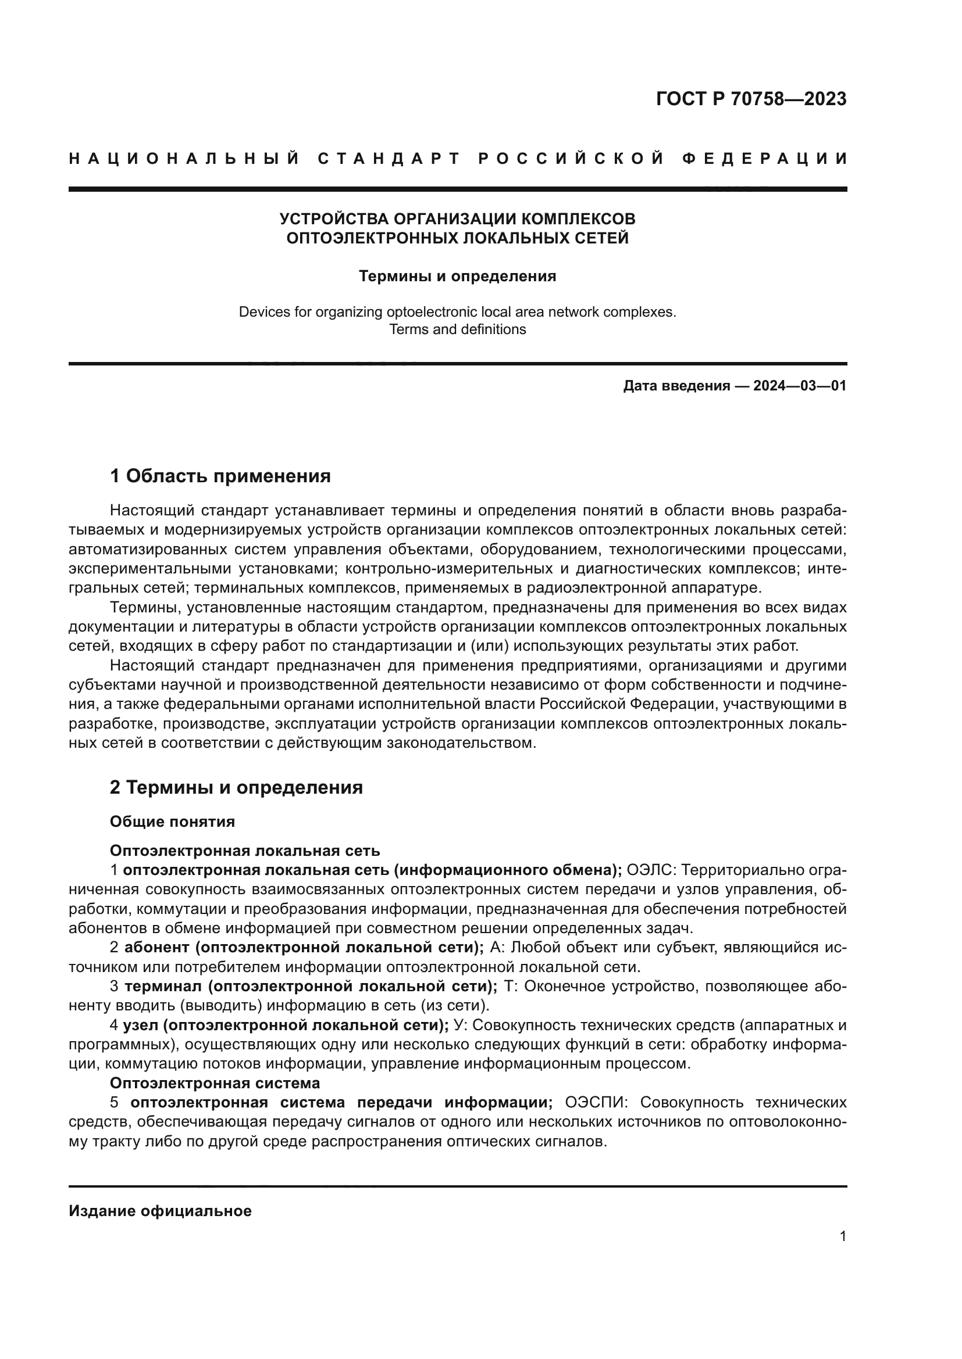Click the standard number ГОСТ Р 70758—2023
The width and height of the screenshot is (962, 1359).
click(750, 99)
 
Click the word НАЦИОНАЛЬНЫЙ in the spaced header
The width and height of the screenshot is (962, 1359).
click(184, 159)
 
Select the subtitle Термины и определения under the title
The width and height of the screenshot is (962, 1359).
click(457, 276)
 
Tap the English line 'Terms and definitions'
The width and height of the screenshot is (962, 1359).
click(457, 329)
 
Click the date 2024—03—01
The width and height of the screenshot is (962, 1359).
click(799, 386)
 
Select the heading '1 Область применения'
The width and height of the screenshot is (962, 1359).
click(220, 476)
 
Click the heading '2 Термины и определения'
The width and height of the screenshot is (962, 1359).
click(236, 787)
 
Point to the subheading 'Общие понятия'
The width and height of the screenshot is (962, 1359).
click(172, 822)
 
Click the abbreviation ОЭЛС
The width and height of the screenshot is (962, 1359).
click(649, 870)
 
